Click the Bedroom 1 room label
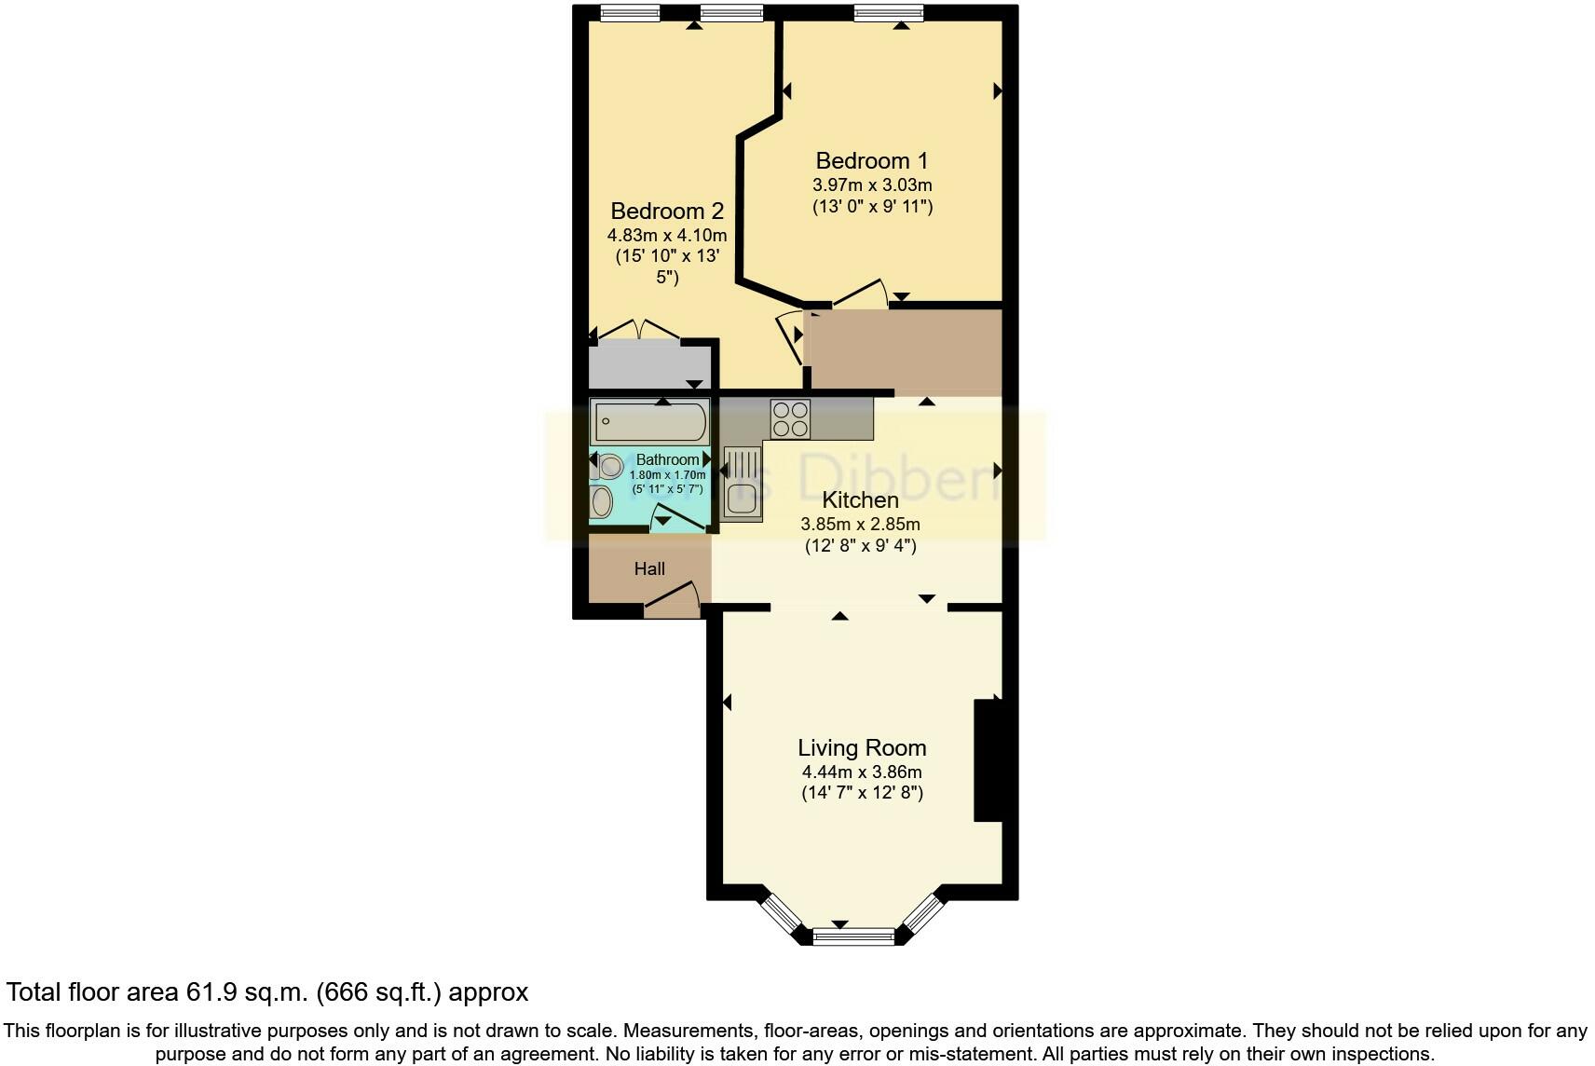pyautogui.click(x=871, y=160)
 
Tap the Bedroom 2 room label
pyautogui.click(x=666, y=211)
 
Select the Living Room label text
pyautogui.click(x=862, y=747)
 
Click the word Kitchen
pyautogui.click(x=860, y=500)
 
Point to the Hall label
pyautogui.click(x=649, y=568)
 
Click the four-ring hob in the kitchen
pyautogui.click(x=790, y=418)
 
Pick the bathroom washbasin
pyautogui.click(x=601, y=501)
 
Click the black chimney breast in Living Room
pyautogui.click(x=988, y=759)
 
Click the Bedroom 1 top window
pyautogui.click(x=889, y=12)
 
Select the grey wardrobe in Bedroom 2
pyautogui.click(x=649, y=365)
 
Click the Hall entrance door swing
pyautogui.click(x=673, y=599)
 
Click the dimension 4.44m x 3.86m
pyautogui.click(x=862, y=772)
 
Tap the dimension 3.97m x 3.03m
pyautogui.click(x=871, y=184)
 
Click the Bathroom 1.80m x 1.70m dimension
pyautogui.click(x=667, y=475)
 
